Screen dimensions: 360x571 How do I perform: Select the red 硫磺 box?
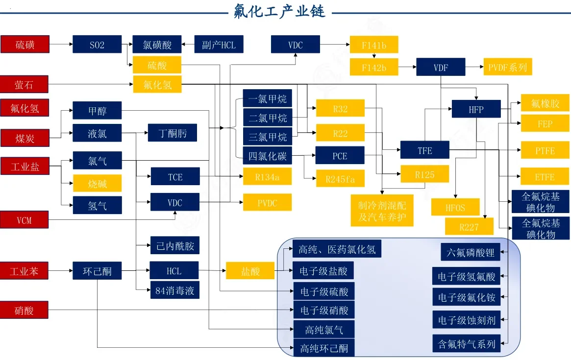(x=25, y=45)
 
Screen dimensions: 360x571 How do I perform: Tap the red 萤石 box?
(x=25, y=85)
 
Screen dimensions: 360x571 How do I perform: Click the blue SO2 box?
(x=97, y=45)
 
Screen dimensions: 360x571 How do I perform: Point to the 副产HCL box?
(x=219, y=45)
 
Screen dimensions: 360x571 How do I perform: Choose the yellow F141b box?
(x=374, y=45)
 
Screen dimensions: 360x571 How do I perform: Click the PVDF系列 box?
(x=507, y=67)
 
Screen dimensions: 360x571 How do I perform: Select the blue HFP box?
(x=476, y=109)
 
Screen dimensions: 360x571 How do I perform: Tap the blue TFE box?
(x=424, y=150)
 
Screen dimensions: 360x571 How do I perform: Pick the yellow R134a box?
(x=267, y=176)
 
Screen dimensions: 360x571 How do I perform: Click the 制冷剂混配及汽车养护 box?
(x=382, y=211)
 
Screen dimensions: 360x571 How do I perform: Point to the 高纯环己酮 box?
(x=324, y=348)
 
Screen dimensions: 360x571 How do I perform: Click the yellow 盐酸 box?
(x=250, y=271)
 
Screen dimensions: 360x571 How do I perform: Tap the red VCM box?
(x=25, y=220)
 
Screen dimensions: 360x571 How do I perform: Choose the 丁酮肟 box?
(x=173, y=133)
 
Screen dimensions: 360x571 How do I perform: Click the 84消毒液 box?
(x=174, y=290)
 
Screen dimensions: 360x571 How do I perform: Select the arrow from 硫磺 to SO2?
(x=61, y=45)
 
